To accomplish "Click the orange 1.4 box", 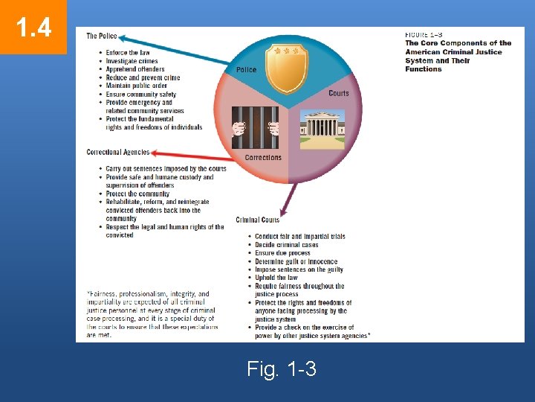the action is pyautogui.click(x=33, y=27).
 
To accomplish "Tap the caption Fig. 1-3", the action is pyautogui.click(x=282, y=368).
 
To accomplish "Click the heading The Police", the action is pyautogui.click(x=102, y=36).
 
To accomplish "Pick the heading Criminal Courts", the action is pyautogui.click(x=258, y=220).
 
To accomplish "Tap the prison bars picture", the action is pyautogui.click(x=255, y=127).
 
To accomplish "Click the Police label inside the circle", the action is pyautogui.click(x=246, y=70).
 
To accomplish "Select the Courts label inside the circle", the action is pyautogui.click(x=338, y=93).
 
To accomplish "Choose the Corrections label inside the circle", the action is pyautogui.click(x=263, y=158).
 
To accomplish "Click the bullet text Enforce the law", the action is pyautogui.click(x=128, y=53).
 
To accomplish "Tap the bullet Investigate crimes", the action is pyautogui.click(x=132, y=61).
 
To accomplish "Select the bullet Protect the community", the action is pyautogui.click(x=137, y=194).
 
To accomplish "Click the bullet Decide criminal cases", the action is pyautogui.click(x=286, y=245).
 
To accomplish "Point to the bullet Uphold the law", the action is pyautogui.click(x=276, y=278).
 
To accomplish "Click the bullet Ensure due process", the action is pyautogui.click(x=283, y=253).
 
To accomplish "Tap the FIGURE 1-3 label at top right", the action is pyautogui.click(x=424, y=34).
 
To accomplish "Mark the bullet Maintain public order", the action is pyautogui.click(x=137, y=86).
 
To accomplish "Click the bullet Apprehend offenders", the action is pyautogui.click(x=135, y=69).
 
